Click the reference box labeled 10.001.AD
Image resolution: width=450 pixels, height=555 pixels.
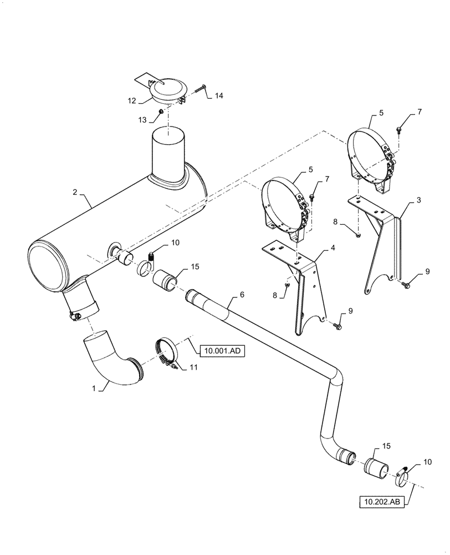(x=222, y=350)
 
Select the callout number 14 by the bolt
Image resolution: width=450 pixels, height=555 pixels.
(x=219, y=95)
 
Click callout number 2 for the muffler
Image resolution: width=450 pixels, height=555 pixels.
(x=74, y=192)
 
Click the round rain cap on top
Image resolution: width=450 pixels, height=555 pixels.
(x=166, y=88)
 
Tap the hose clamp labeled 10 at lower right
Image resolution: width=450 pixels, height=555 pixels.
(x=403, y=473)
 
